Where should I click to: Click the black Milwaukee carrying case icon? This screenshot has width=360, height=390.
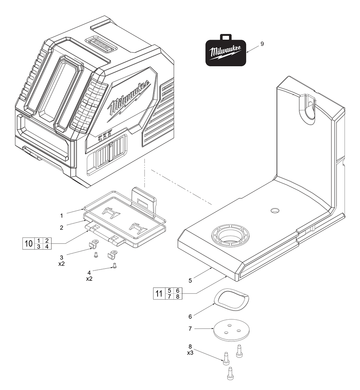point(226,52)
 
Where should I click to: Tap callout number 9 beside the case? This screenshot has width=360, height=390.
point(262,44)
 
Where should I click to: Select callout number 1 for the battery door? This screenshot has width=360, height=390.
point(62,216)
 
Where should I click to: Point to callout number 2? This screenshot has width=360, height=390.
point(62,227)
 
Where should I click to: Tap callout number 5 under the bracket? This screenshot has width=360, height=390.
point(190,280)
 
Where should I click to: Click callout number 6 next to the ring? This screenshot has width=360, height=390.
point(190,316)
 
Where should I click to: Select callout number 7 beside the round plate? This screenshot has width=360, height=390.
point(190,329)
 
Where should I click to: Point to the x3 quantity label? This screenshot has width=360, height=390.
point(190,353)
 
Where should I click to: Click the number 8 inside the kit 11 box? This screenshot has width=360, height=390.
point(177,296)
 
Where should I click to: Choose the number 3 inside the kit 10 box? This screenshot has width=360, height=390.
point(38,247)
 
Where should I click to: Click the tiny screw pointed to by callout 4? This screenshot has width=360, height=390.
point(114,266)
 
